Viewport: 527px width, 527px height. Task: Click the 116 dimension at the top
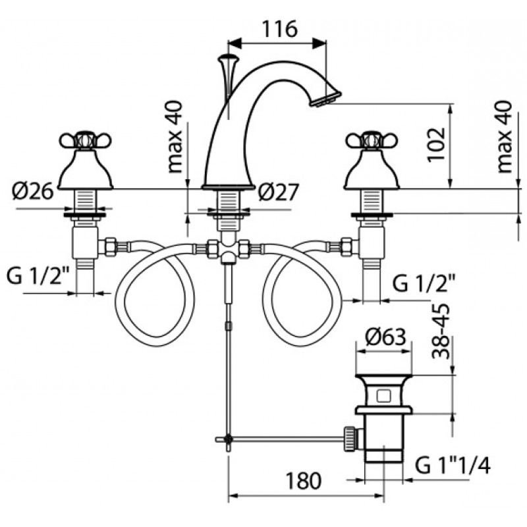pyautogui.click(x=279, y=29)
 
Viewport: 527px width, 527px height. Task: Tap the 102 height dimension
pyautogui.click(x=437, y=144)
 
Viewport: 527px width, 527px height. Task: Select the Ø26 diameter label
pyautogui.click(x=32, y=192)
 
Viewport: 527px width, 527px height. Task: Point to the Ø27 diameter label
pyautogui.click(x=278, y=192)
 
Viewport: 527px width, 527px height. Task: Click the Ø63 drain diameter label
pyautogui.click(x=385, y=337)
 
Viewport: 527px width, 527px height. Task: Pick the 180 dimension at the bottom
pyautogui.click(x=303, y=480)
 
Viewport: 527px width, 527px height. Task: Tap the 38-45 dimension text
pyautogui.click(x=441, y=331)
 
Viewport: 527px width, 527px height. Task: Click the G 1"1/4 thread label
pyautogui.click(x=453, y=466)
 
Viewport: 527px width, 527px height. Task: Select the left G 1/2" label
pyautogui.click(x=38, y=276)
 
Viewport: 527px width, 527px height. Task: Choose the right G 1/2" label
pyautogui.click(x=424, y=284)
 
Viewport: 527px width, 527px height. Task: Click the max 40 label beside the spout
pyautogui.click(x=175, y=137)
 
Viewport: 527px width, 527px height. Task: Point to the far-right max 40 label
pyautogui.click(x=504, y=137)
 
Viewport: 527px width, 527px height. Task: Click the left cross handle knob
pyautogui.click(x=86, y=140)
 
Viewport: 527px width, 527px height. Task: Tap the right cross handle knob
pyautogui.click(x=372, y=140)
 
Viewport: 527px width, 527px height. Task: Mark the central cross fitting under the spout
pyautogui.click(x=228, y=249)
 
